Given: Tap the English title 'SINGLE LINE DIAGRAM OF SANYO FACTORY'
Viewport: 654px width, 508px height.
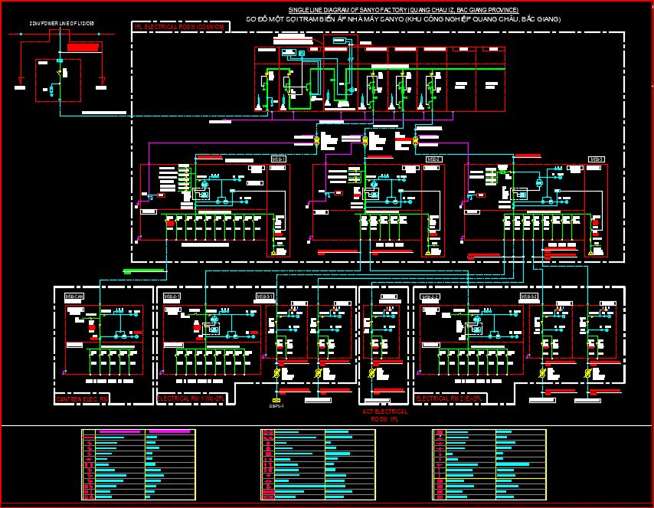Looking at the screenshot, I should (398, 9).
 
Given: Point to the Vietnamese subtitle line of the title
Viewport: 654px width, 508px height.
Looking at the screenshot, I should (403, 18).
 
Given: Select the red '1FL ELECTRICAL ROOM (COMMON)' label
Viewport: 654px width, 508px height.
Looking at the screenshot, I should (180, 27).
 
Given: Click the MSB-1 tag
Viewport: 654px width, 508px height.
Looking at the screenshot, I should (279, 159).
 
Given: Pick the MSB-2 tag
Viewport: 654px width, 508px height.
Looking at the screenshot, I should (434, 159).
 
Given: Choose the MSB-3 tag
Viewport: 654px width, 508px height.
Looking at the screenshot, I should (597, 159).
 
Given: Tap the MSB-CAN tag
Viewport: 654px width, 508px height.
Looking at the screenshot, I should (74, 296).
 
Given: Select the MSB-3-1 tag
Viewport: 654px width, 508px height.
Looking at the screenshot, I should (265, 296).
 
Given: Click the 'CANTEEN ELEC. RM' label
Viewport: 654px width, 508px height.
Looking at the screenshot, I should (83, 399).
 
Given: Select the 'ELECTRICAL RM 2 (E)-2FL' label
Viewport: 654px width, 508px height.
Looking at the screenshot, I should (448, 399).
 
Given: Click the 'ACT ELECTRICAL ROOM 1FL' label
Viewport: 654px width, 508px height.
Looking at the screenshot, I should (384, 415).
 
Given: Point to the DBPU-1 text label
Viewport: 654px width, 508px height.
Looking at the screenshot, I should (276, 406).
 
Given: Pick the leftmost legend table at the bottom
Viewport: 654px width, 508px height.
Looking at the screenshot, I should (139, 465).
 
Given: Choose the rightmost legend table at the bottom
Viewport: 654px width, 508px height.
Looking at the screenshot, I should (489, 465).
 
